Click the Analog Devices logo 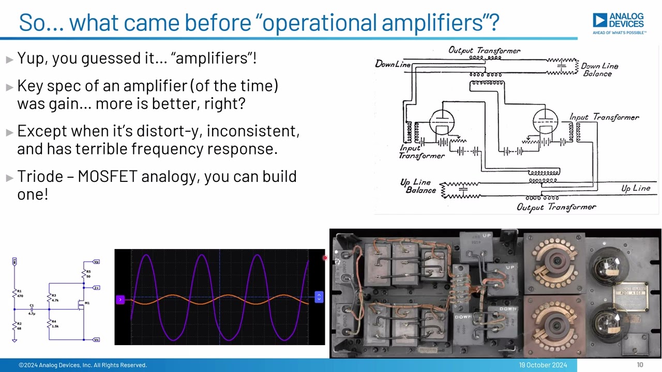coord(619,23)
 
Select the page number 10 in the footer coord(640,365)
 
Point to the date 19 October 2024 coord(543,365)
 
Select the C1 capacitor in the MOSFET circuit coord(32,308)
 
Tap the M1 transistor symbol coord(81,305)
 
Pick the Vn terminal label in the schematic coord(96,339)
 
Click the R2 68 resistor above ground coord(14,326)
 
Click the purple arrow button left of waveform coord(120,299)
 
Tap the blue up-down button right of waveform coord(319,297)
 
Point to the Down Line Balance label coord(599,70)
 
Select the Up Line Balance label coord(418,186)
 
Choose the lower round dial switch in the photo coord(555,324)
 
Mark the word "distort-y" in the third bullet coord(169,131)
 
